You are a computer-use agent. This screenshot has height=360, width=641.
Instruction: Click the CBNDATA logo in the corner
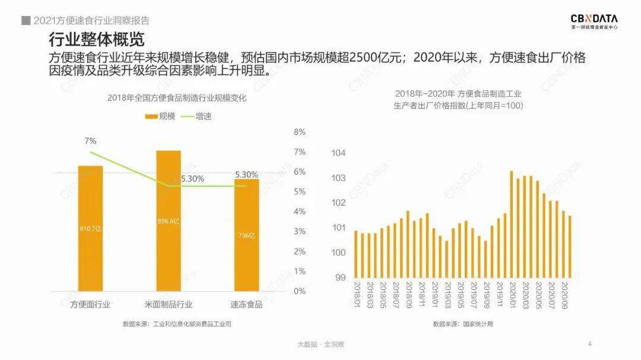click(x=593, y=22)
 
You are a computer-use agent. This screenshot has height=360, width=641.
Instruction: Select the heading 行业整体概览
click(x=96, y=40)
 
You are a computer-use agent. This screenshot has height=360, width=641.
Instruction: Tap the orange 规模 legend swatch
click(x=151, y=117)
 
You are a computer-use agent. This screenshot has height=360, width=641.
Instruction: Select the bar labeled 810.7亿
click(x=90, y=228)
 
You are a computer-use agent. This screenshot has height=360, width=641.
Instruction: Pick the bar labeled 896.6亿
click(x=169, y=220)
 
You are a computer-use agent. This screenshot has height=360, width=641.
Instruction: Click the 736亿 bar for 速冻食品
click(x=246, y=235)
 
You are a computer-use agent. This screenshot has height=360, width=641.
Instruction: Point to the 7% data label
click(x=90, y=141)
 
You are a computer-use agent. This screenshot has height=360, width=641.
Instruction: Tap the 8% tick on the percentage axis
click(x=300, y=132)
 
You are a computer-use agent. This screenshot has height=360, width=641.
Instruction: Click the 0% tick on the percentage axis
click(x=300, y=291)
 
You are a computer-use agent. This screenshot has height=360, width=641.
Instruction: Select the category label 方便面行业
click(x=91, y=304)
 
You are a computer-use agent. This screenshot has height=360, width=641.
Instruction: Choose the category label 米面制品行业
click(x=169, y=304)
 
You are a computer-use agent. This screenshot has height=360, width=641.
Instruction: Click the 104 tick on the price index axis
click(x=338, y=153)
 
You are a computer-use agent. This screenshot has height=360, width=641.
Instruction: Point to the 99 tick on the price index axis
click(x=340, y=277)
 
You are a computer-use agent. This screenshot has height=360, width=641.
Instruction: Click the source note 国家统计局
click(x=462, y=324)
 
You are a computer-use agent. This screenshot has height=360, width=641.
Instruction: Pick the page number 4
click(x=589, y=343)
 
